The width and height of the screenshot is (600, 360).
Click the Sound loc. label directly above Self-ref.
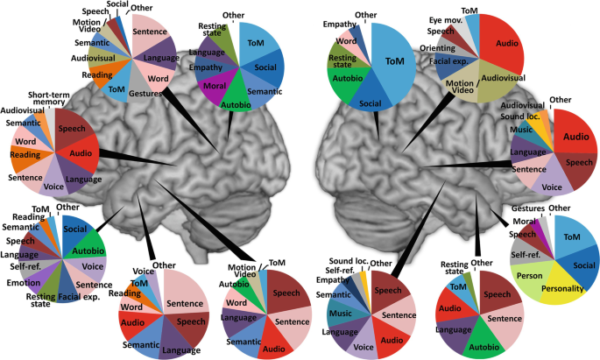[x=349, y=262]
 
